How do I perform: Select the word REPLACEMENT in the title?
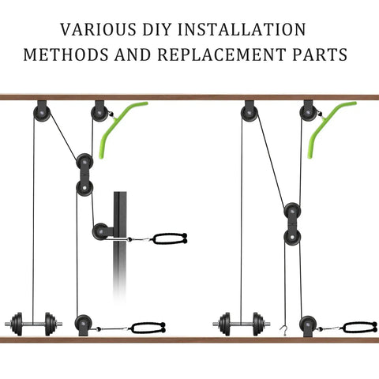click(222, 54)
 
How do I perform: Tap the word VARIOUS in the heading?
click(99, 29)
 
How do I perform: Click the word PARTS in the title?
click(320, 54)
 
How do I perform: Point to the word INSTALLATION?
click(242, 29)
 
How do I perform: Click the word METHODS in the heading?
click(66, 54)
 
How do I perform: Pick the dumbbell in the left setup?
click(34, 324)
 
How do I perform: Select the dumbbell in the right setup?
click(242, 324)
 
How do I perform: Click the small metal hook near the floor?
click(283, 331)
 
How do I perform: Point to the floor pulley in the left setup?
click(84, 325)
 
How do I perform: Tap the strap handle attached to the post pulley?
click(170, 238)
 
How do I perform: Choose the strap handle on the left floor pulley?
click(148, 328)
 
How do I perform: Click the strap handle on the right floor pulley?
click(360, 328)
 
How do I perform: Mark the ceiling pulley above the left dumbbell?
click(42, 111)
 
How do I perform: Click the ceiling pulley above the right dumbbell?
click(250, 111)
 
